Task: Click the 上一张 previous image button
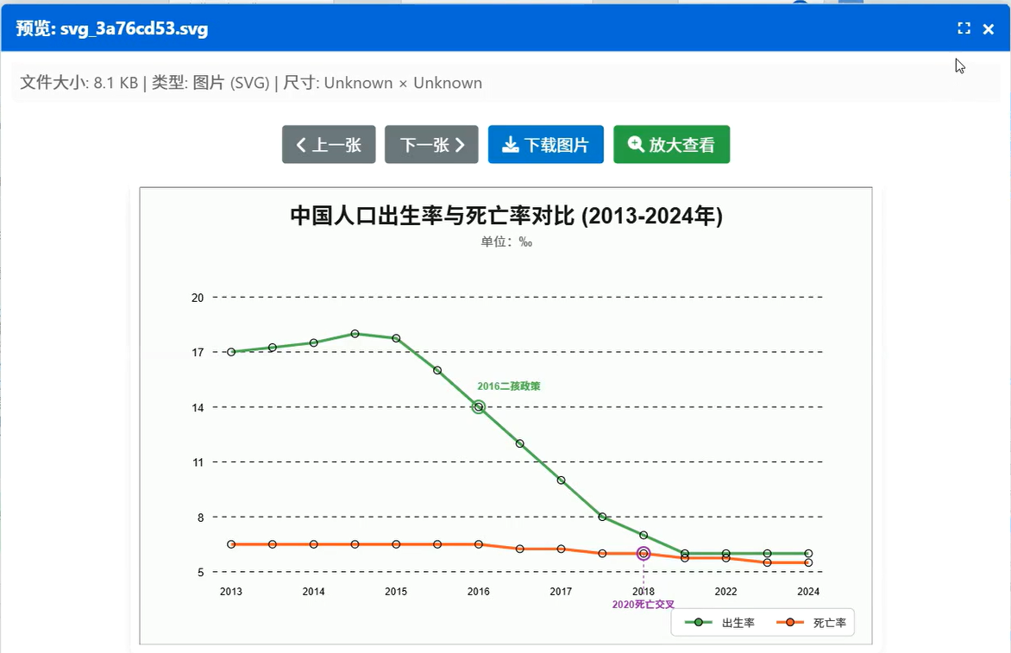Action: coord(329,145)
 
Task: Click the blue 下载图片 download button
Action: coord(545,145)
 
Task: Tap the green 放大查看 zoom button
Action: coord(671,145)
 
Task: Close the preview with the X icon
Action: coord(989,29)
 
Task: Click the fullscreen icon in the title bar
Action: coord(964,28)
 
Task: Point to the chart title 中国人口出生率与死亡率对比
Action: coord(505,216)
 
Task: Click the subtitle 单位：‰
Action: coord(506,242)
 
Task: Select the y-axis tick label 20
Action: coord(198,298)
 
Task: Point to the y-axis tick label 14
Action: coord(198,407)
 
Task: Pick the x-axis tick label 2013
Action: coord(231,592)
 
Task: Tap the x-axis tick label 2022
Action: coord(725,592)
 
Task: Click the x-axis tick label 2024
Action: coord(808,592)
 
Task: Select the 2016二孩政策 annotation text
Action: coord(509,386)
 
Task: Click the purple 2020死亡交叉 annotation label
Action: coord(644,605)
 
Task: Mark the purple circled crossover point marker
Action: coord(644,554)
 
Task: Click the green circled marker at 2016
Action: coord(479,407)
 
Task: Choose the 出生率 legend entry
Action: coord(721,623)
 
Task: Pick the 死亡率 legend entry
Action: coord(812,623)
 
